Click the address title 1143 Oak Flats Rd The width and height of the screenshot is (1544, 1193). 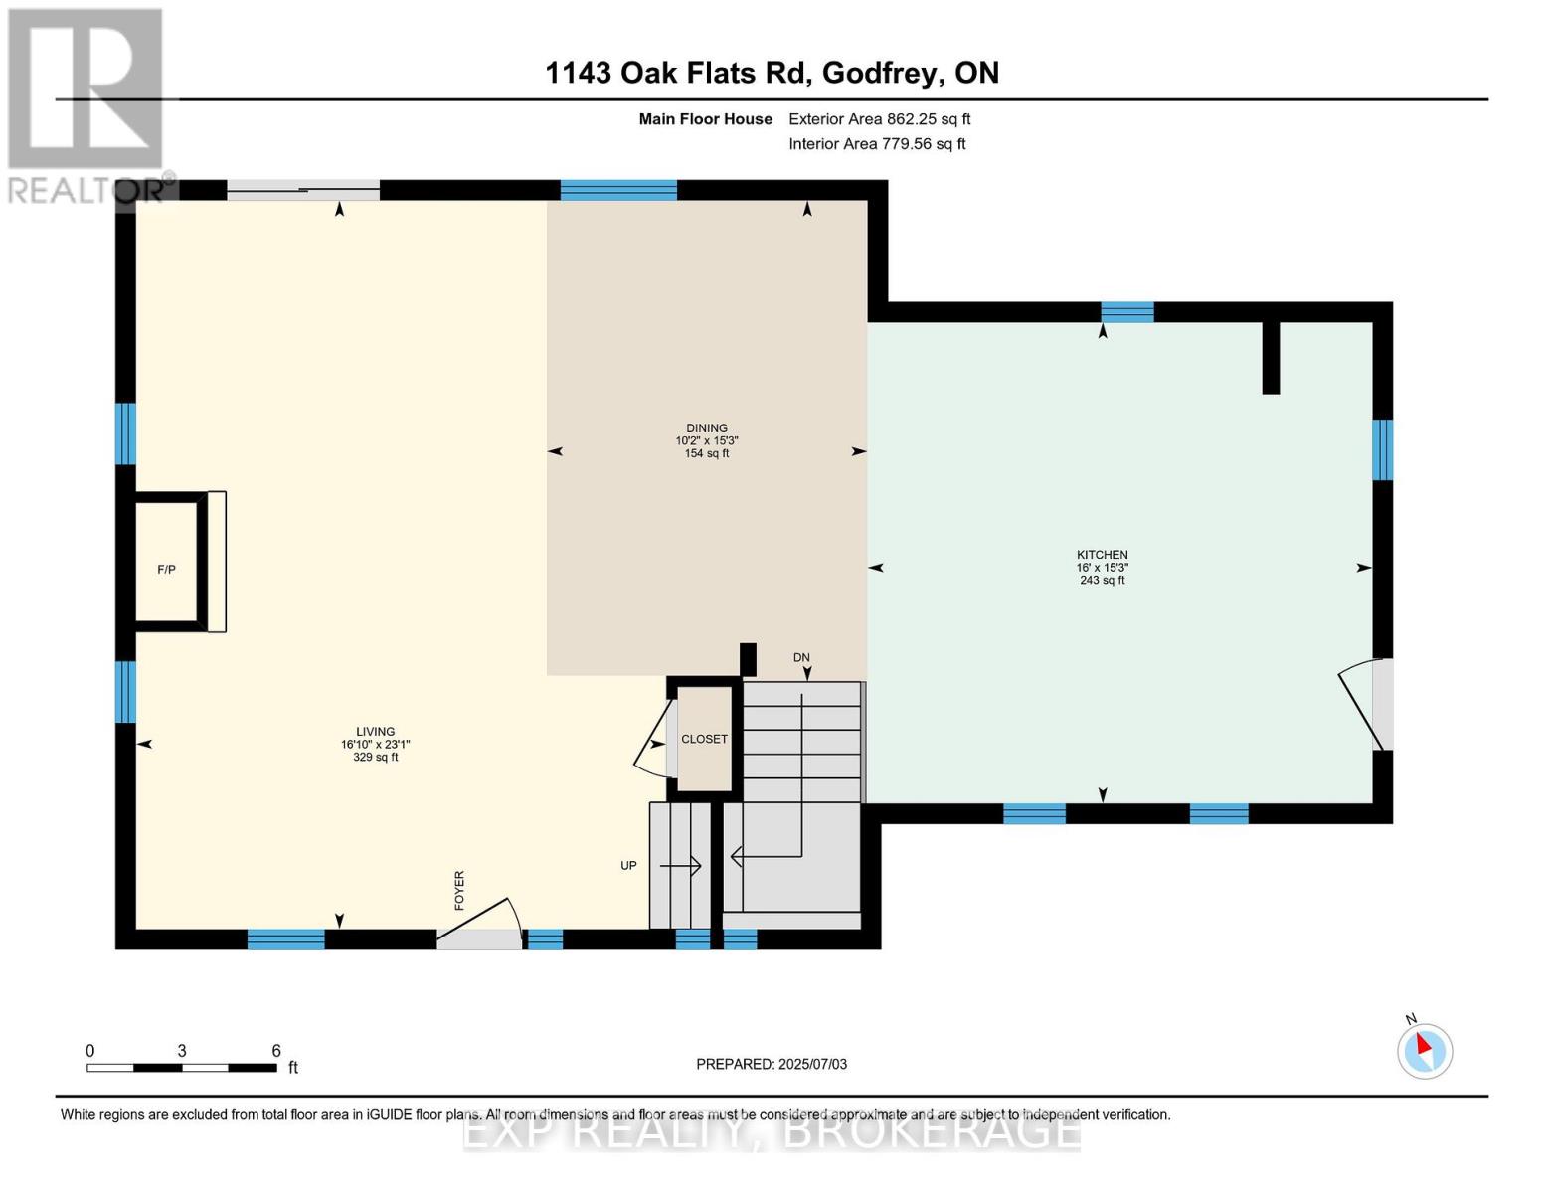(x=772, y=73)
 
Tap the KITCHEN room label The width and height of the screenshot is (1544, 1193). (x=1102, y=555)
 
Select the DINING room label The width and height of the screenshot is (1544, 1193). (x=706, y=428)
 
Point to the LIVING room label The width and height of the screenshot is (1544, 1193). (x=375, y=732)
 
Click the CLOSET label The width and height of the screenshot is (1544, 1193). (x=704, y=739)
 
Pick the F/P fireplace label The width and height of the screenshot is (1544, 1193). (x=166, y=570)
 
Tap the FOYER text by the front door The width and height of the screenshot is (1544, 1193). (x=459, y=890)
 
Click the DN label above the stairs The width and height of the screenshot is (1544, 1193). (x=801, y=657)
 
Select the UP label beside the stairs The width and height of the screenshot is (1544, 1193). (x=628, y=866)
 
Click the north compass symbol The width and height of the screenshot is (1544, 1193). (x=1424, y=1049)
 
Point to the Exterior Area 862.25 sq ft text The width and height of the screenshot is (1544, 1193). (x=879, y=119)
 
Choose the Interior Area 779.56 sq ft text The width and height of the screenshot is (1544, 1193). (x=877, y=144)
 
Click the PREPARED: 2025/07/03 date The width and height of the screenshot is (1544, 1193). (x=772, y=1064)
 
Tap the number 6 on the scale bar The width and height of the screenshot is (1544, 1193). (x=276, y=1051)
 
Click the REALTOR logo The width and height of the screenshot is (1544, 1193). (x=87, y=104)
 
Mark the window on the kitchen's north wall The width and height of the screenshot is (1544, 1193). (x=1127, y=312)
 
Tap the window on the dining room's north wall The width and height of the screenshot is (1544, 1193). (x=618, y=190)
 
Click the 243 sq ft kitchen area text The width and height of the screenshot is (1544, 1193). (x=1102, y=581)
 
